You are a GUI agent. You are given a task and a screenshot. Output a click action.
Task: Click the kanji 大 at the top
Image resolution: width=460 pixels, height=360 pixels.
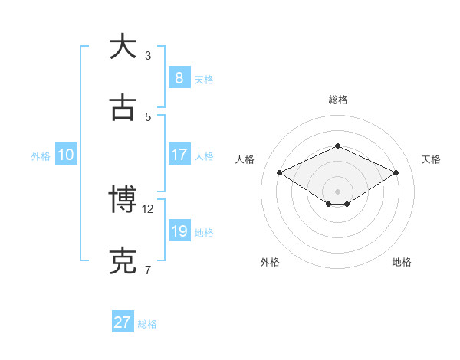(123, 47)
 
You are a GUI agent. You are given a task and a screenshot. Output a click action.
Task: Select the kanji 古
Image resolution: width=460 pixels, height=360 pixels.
(123, 108)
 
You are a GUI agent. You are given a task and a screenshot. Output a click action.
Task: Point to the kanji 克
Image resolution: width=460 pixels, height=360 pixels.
(123, 260)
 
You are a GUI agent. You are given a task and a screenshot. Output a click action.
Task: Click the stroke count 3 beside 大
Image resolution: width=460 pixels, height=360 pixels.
(148, 55)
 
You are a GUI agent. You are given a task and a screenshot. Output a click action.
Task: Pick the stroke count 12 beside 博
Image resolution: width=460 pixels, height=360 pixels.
(148, 208)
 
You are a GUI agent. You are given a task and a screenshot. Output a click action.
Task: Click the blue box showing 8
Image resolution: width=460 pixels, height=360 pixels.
(179, 78)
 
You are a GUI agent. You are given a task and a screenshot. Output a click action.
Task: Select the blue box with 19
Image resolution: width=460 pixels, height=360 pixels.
(179, 231)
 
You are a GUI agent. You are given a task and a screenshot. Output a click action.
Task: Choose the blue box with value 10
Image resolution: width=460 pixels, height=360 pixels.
(66, 155)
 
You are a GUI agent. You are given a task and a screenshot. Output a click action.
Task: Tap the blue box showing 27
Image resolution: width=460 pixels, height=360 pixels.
(123, 322)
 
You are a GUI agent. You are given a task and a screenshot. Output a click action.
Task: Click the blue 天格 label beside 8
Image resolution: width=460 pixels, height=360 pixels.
(204, 79)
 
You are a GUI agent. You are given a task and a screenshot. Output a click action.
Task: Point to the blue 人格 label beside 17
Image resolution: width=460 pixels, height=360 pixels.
(204, 155)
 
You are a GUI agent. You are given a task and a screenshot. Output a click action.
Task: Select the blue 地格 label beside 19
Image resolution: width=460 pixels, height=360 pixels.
(204, 232)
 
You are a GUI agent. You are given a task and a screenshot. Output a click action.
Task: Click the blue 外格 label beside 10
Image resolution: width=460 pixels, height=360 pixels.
(41, 155)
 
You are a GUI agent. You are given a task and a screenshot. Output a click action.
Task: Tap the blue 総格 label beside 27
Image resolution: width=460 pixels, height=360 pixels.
(147, 324)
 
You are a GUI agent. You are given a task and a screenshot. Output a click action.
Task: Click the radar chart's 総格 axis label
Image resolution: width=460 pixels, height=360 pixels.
(337, 100)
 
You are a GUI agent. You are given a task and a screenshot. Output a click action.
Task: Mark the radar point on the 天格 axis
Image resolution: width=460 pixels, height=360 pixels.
(396, 173)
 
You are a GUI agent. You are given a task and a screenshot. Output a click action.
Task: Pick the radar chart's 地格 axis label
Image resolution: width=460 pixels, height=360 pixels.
(402, 262)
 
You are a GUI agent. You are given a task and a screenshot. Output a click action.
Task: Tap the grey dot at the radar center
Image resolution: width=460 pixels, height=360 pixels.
(337, 191)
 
